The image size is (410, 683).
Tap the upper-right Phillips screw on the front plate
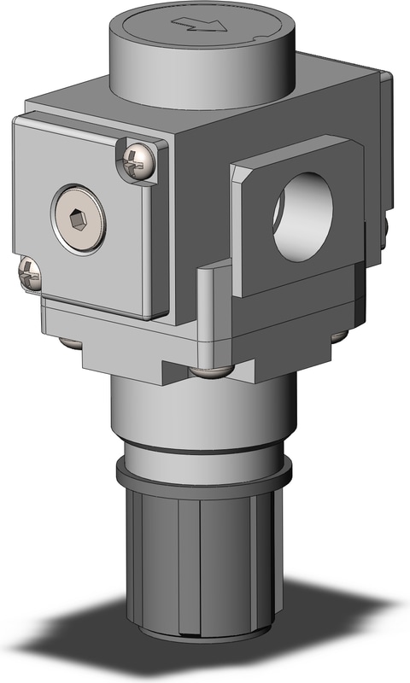(x=137, y=160)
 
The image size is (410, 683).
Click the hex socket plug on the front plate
(x=79, y=219)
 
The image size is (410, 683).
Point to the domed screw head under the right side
(x=340, y=335)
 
